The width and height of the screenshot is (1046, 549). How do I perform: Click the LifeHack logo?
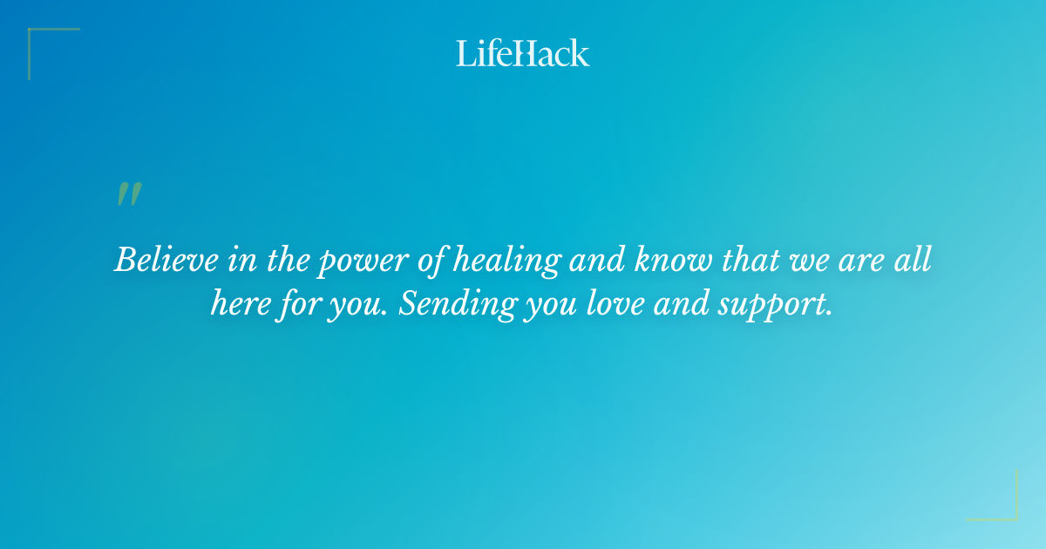(523, 53)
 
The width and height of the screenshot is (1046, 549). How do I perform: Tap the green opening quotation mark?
(128, 194)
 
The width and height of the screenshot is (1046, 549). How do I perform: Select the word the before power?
(283, 260)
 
